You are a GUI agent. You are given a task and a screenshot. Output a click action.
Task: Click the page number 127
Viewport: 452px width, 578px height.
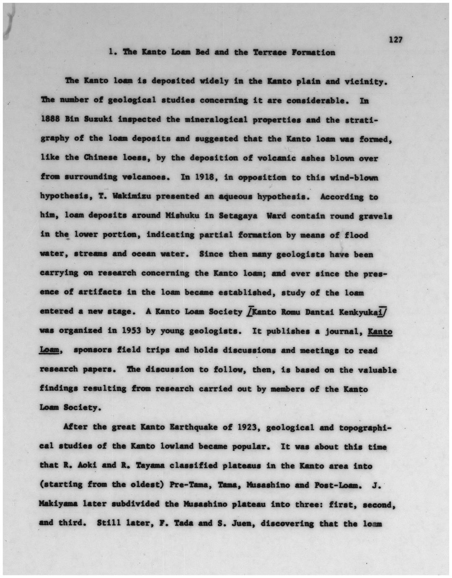coord(395,40)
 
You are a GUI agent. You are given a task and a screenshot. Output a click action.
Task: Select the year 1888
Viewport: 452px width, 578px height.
coord(50,119)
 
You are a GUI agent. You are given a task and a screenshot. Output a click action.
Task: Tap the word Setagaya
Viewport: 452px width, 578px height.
coord(238,216)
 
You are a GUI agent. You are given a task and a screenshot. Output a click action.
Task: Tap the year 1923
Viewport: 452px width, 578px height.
coord(248,428)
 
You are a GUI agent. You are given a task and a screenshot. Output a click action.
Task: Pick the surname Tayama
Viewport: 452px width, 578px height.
coord(145,466)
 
